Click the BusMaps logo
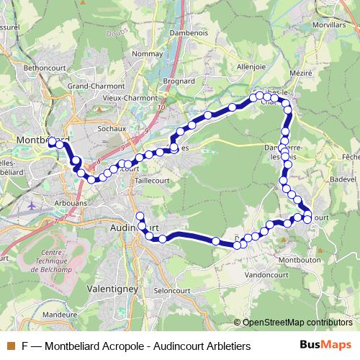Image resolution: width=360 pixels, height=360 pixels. (326, 345)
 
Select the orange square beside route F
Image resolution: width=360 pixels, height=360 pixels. (11, 346)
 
